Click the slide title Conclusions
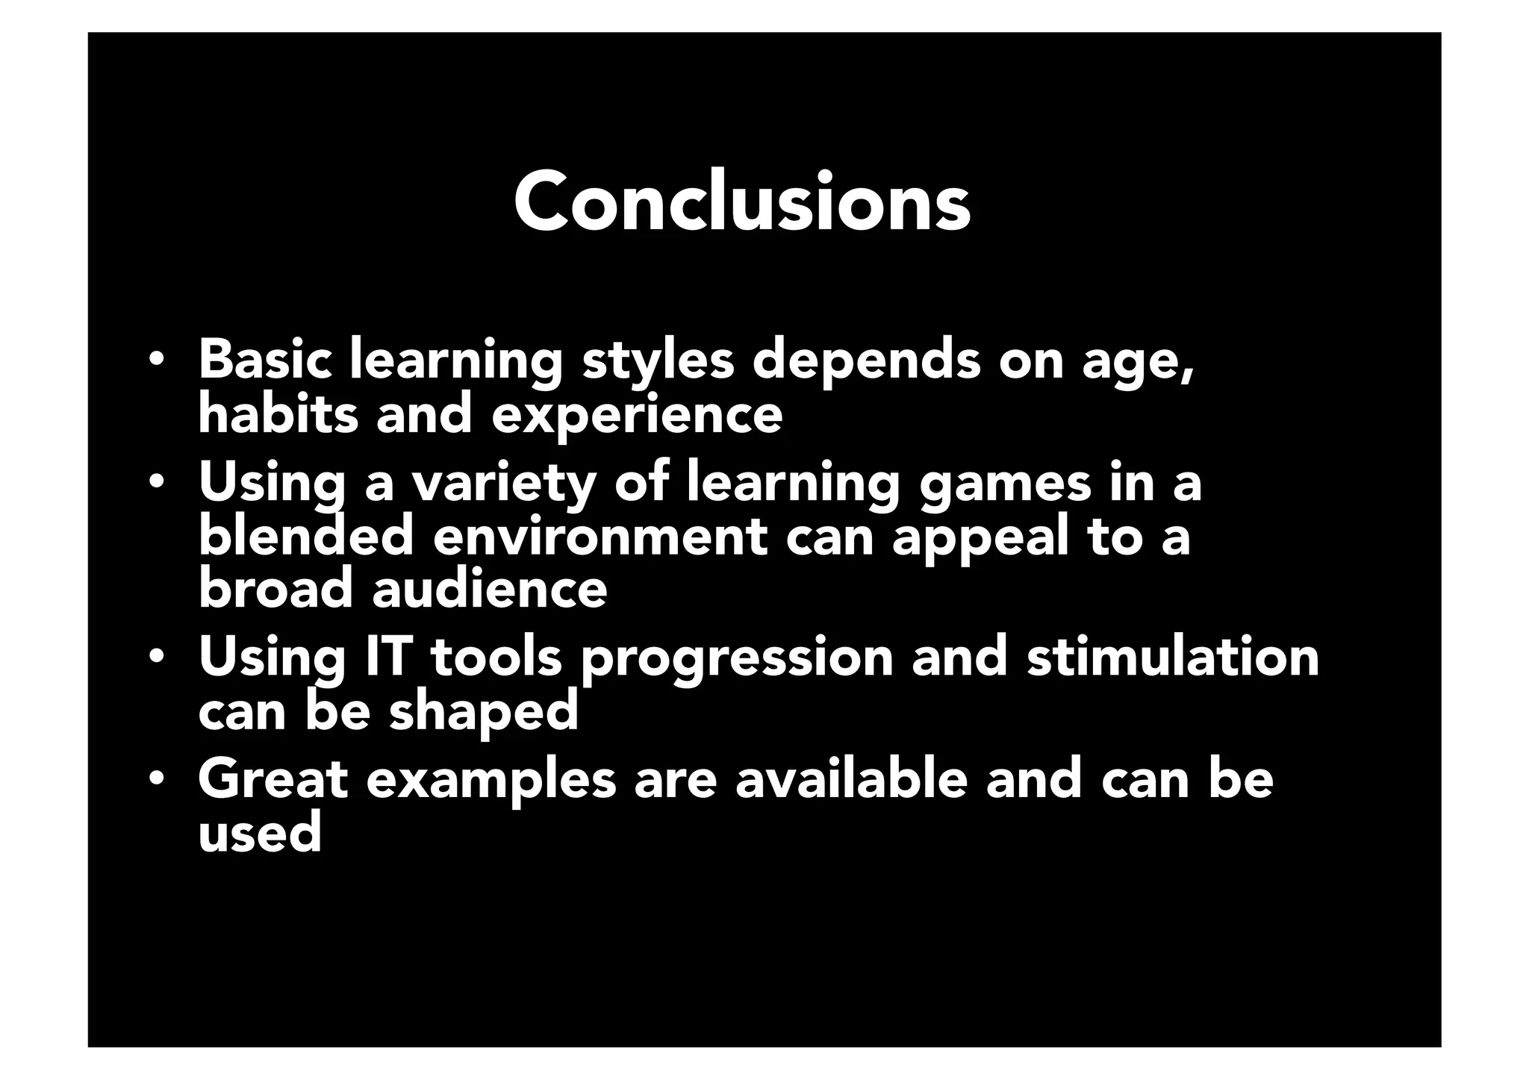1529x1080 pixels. click(742, 202)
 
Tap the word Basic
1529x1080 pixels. click(264, 360)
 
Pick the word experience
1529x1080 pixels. click(637, 416)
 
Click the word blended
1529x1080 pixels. click(306, 537)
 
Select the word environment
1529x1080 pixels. click(600, 538)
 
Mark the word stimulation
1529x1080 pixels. click(1172, 658)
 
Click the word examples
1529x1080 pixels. click(491, 781)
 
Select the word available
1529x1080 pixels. click(851, 779)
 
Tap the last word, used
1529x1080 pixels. click(260, 833)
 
